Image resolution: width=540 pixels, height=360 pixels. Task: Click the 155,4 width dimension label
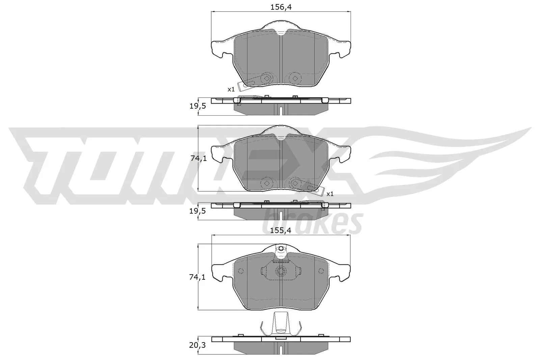(x=280, y=231)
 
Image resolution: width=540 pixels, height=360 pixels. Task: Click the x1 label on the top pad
(x=231, y=89)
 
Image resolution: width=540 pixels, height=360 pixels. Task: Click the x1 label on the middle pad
(x=330, y=194)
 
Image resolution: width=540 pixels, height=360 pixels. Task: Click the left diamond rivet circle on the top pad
(x=267, y=78)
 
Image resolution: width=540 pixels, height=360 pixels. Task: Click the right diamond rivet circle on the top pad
(x=295, y=78)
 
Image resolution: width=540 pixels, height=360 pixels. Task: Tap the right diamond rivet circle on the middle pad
(x=295, y=183)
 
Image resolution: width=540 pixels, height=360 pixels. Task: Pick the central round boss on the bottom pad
(x=281, y=271)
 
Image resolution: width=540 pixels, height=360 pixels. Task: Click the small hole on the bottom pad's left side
(x=241, y=271)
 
